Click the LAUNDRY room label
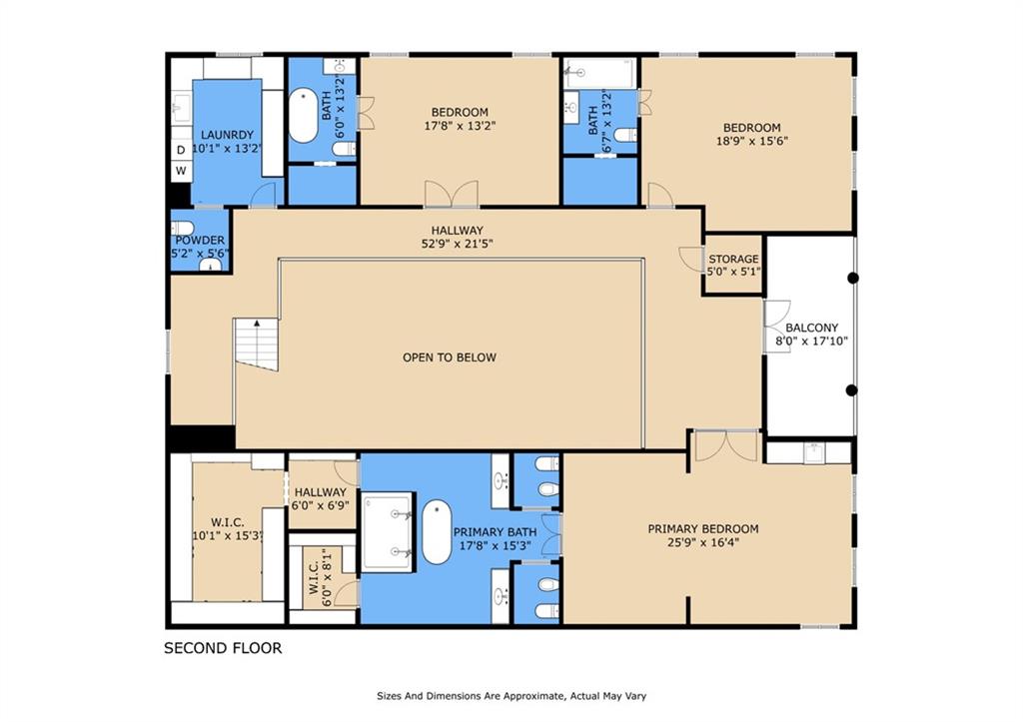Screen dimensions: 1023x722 227,135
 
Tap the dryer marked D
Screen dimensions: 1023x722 181,150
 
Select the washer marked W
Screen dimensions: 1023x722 181,171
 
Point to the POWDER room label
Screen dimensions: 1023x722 200,240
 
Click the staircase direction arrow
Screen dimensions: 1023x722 257,323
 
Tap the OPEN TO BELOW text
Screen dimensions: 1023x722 450,358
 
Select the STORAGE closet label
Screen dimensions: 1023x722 733,259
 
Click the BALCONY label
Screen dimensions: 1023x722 811,328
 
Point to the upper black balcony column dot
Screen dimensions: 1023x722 853,278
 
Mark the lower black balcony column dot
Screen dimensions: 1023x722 851,390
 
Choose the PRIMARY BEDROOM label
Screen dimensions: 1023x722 703,529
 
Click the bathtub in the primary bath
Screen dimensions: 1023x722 437,532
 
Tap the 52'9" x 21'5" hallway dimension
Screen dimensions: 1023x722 457,244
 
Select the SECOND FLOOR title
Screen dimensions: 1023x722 223,648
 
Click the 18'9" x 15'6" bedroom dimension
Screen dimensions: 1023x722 752,141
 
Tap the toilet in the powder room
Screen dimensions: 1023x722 183,229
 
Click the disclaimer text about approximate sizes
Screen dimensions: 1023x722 511,696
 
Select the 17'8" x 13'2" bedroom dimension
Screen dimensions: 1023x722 460,126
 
